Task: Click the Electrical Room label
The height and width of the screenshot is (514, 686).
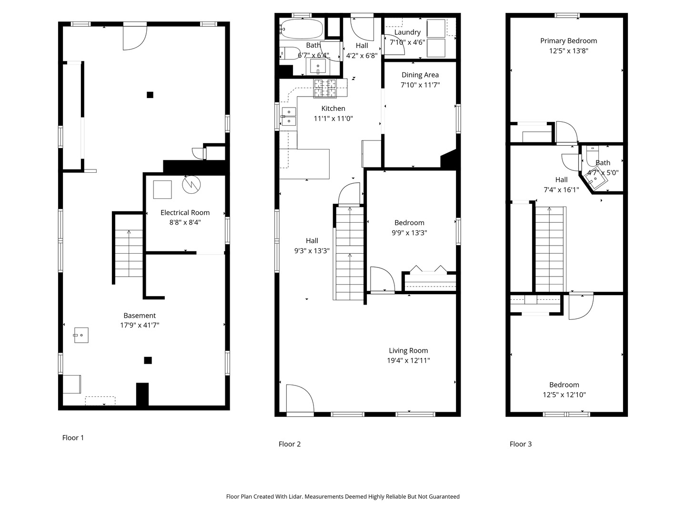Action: (x=185, y=213)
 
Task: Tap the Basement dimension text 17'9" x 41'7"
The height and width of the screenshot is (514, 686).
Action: (x=140, y=325)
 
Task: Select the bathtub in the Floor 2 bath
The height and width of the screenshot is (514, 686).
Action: (x=301, y=29)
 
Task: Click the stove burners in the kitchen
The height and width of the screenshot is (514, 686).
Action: (x=325, y=88)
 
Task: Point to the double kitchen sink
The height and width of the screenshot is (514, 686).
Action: (x=289, y=116)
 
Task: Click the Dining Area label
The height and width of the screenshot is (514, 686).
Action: (x=420, y=75)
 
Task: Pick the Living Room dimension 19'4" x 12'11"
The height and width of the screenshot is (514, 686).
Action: (x=408, y=360)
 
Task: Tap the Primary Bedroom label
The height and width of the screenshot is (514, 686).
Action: (x=568, y=41)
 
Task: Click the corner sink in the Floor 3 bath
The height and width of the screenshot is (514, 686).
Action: (x=596, y=178)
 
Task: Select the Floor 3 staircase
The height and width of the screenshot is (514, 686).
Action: (x=551, y=249)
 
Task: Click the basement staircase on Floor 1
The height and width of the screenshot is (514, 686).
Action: (x=129, y=253)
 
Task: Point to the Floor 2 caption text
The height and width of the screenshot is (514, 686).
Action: (x=289, y=444)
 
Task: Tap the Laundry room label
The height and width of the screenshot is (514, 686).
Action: (x=407, y=32)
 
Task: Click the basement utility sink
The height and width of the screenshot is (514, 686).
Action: (x=81, y=335)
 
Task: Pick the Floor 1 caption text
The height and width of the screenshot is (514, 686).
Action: (x=73, y=438)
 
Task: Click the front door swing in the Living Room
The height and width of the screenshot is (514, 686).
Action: (x=300, y=398)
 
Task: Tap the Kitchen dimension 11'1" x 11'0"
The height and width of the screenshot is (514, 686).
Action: (x=333, y=119)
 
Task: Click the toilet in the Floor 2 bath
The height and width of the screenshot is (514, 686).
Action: (x=290, y=53)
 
